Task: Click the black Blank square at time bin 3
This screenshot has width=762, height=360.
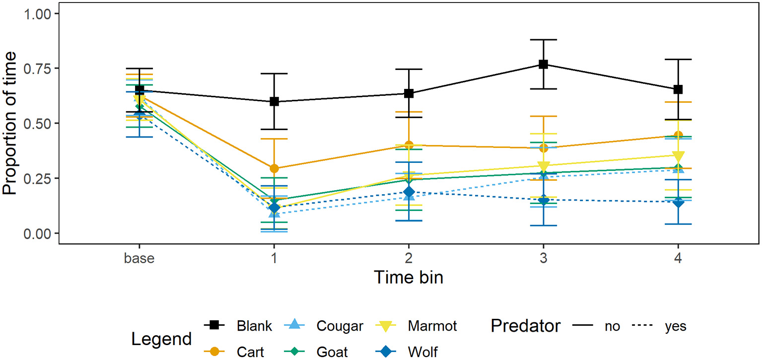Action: pyautogui.click(x=544, y=64)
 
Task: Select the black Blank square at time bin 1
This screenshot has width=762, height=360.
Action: pyautogui.click(x=274, y=101)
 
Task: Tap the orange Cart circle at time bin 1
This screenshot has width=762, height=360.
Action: pyautogui.click(x=274, y=169)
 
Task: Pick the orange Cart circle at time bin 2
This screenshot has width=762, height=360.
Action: pyautogui.click(x=409, y=145)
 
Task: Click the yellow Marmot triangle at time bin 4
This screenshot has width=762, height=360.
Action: pyautogui.click(x=679, y=156)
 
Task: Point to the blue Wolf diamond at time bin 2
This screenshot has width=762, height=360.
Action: pyautogui.click(x=409, y=192)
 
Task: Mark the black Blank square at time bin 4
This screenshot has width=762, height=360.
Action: pyautogui.click(x=679, y=89)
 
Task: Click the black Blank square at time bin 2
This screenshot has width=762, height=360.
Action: pyautogui.click(x=409, y=93)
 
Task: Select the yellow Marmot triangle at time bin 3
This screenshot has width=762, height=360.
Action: pyautogui.click(x=544, y=166)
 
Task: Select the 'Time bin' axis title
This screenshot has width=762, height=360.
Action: pyautogui.click(x=409, y=277)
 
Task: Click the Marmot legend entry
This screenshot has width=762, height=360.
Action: pyautogui.click(x=432, y=326)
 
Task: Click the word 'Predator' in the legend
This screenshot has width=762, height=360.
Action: pyautogui.click(x=526, y=326)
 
